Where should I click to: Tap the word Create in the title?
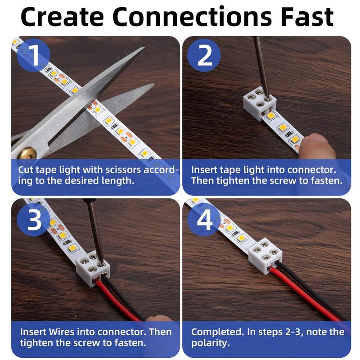click(x=63, y=17)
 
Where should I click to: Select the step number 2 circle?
click(x=205, y=56)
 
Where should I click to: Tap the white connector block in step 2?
click(x=259, y=104)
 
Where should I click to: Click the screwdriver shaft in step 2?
click(x=260, y=63)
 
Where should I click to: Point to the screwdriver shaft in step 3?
click(x=95, y=229)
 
